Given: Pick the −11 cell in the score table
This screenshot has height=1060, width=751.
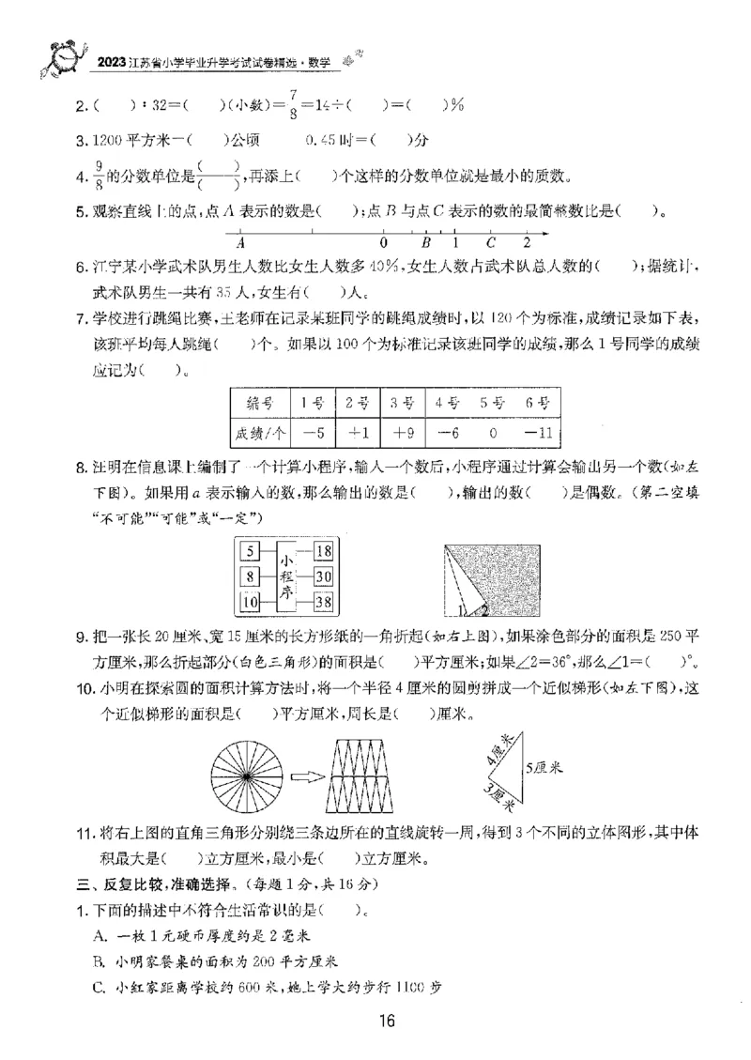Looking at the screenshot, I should (x=537, y=434).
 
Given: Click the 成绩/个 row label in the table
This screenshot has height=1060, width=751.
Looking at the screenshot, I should (x=259, y=434).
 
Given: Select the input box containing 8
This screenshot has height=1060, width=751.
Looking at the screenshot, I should (x=249, y=576).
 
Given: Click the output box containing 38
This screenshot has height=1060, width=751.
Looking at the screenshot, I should (x=324, y=602).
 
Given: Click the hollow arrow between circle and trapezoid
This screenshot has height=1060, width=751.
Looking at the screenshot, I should (x=305, y=776).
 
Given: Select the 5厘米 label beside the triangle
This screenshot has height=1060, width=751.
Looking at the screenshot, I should (x=543, y=767).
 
